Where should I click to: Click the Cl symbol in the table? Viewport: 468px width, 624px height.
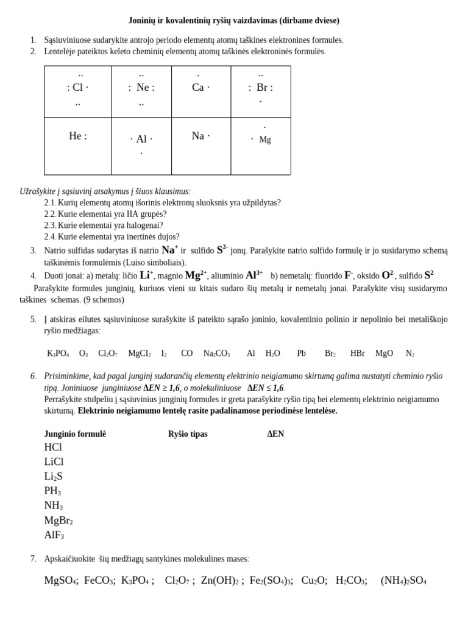coord(77,87)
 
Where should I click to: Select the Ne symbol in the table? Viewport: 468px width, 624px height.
coord(144,87)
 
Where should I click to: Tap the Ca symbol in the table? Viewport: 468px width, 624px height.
coord(197,87)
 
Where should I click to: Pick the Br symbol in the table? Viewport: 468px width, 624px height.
coord(263,87)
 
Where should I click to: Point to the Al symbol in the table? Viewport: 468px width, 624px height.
coord(141,139)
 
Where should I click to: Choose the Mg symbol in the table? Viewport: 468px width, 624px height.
coord(265,140)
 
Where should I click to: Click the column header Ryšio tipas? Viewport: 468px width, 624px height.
coord(188,434)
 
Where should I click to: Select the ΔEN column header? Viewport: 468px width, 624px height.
coord(275,434)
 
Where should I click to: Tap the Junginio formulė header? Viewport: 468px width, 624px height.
coord(75,434)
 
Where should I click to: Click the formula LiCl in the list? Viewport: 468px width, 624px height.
coord(54,461)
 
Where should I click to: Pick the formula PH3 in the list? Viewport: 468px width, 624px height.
coord(52,491)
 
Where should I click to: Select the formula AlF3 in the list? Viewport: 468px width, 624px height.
coord(54,535)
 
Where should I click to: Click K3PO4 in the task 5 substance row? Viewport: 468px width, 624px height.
coord(58,353)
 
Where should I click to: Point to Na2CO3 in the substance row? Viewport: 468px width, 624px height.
coord(216,353)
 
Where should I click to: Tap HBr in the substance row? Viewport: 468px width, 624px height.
coord(357,353)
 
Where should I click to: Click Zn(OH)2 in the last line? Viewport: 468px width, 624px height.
coord(219,580)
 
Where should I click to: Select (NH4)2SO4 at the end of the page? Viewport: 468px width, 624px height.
coord(403,580)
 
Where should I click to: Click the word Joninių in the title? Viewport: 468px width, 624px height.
coord(143,21)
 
